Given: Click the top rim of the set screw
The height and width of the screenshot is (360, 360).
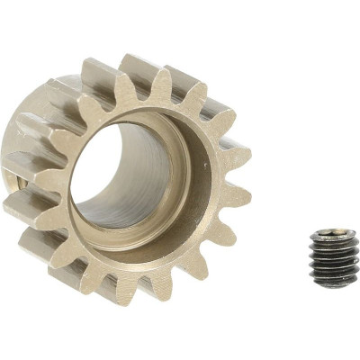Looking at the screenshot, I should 334,230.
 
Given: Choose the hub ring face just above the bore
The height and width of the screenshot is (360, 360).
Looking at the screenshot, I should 144,112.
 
